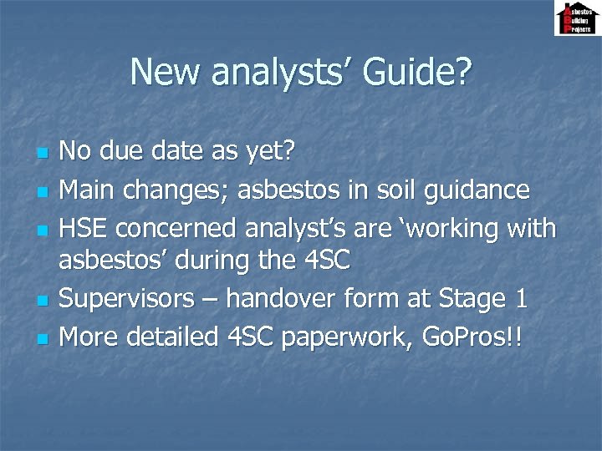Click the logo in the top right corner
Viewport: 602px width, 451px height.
tap(577, 18)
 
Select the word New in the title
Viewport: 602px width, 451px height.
tap(166, 72)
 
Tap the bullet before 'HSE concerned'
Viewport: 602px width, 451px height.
tap(43, 230)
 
